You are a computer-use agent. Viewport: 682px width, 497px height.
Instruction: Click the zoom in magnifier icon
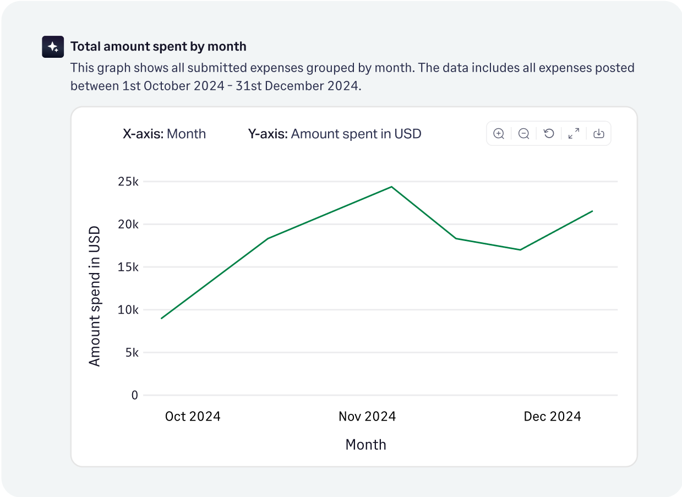[499, 134]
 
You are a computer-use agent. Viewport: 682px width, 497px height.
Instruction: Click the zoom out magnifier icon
[524, 134]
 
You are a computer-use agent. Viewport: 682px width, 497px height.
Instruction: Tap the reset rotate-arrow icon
[549, 134]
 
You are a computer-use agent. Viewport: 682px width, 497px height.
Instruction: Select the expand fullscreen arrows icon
[574, 134]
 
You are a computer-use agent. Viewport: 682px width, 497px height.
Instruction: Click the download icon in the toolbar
[599, 134]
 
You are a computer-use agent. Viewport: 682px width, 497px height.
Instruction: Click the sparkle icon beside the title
[53, 47]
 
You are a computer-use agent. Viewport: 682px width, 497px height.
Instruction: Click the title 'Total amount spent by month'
[158, 47]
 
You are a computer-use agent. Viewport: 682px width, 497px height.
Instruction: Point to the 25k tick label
[128, 182]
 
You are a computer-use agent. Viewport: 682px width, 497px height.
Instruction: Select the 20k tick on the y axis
[128, 225]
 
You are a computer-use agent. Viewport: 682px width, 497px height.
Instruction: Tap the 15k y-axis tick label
[128, 267]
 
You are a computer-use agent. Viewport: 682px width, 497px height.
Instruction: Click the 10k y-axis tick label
[128, 310]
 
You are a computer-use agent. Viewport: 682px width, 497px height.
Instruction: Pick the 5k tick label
[131, 352]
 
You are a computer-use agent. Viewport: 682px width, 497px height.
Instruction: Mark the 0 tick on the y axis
[135, 395]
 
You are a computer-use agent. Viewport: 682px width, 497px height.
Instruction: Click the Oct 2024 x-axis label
[193, 417]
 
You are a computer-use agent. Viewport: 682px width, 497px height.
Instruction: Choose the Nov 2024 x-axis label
[367, 417]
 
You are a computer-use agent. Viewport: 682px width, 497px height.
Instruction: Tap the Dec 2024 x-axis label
[552, 417]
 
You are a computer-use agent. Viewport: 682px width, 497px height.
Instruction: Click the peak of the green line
[391, 187]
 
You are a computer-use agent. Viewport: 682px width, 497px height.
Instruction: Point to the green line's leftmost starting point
[162, 318]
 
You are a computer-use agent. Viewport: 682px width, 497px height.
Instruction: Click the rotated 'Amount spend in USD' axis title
[95, 296]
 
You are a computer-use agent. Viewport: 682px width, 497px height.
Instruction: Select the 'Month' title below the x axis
[365, 445]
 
